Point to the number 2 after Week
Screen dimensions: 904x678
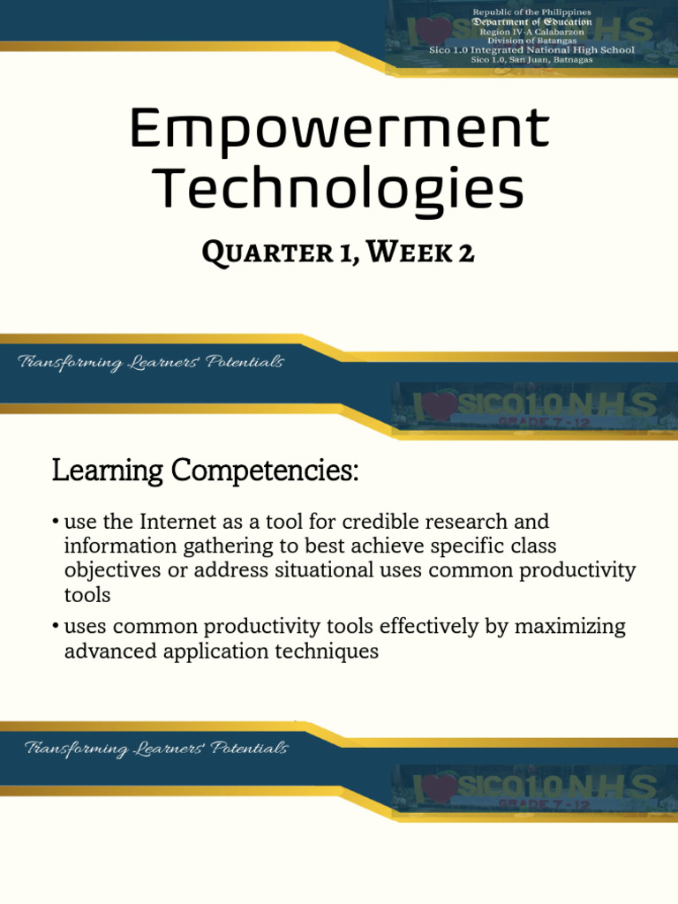(465, 252)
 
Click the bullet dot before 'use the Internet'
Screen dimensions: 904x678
(55, 523)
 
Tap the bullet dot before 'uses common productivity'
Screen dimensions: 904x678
(55, 628)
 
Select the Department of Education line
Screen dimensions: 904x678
(531, 22)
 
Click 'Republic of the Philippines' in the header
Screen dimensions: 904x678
(531, 12)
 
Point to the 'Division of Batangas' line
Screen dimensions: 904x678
(531, 41)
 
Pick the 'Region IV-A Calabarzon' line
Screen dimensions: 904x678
(531, 32)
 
